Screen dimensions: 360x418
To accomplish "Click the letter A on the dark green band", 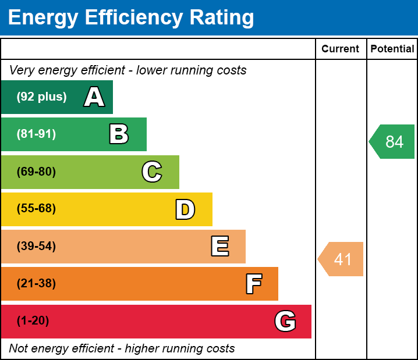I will (94, 97).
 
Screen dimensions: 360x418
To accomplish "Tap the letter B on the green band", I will (119, 134).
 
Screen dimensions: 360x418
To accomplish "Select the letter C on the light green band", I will (151, 172).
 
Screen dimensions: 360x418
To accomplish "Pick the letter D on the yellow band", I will (185, 209).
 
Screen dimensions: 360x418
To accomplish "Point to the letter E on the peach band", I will (219, 247).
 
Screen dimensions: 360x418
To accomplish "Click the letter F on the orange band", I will (253, 284).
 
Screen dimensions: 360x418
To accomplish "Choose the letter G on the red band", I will (285, 321).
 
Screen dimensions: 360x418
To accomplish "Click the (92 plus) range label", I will (41, 97).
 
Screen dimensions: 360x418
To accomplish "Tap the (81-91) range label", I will (36, 134).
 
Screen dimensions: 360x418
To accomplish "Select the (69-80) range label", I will (36, 172).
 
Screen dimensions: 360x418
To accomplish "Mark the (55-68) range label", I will (36, 209).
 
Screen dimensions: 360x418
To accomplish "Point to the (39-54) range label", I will (36, 247).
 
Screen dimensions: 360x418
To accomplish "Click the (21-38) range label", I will (36, 284).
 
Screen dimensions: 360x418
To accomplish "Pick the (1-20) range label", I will (33, 321).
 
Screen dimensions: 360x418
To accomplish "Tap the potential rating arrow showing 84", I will (393, 141).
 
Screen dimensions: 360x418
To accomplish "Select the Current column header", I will (341, 49).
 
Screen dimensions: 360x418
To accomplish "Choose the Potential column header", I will (392, 49).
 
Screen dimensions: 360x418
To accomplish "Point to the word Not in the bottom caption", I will (18, 349).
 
